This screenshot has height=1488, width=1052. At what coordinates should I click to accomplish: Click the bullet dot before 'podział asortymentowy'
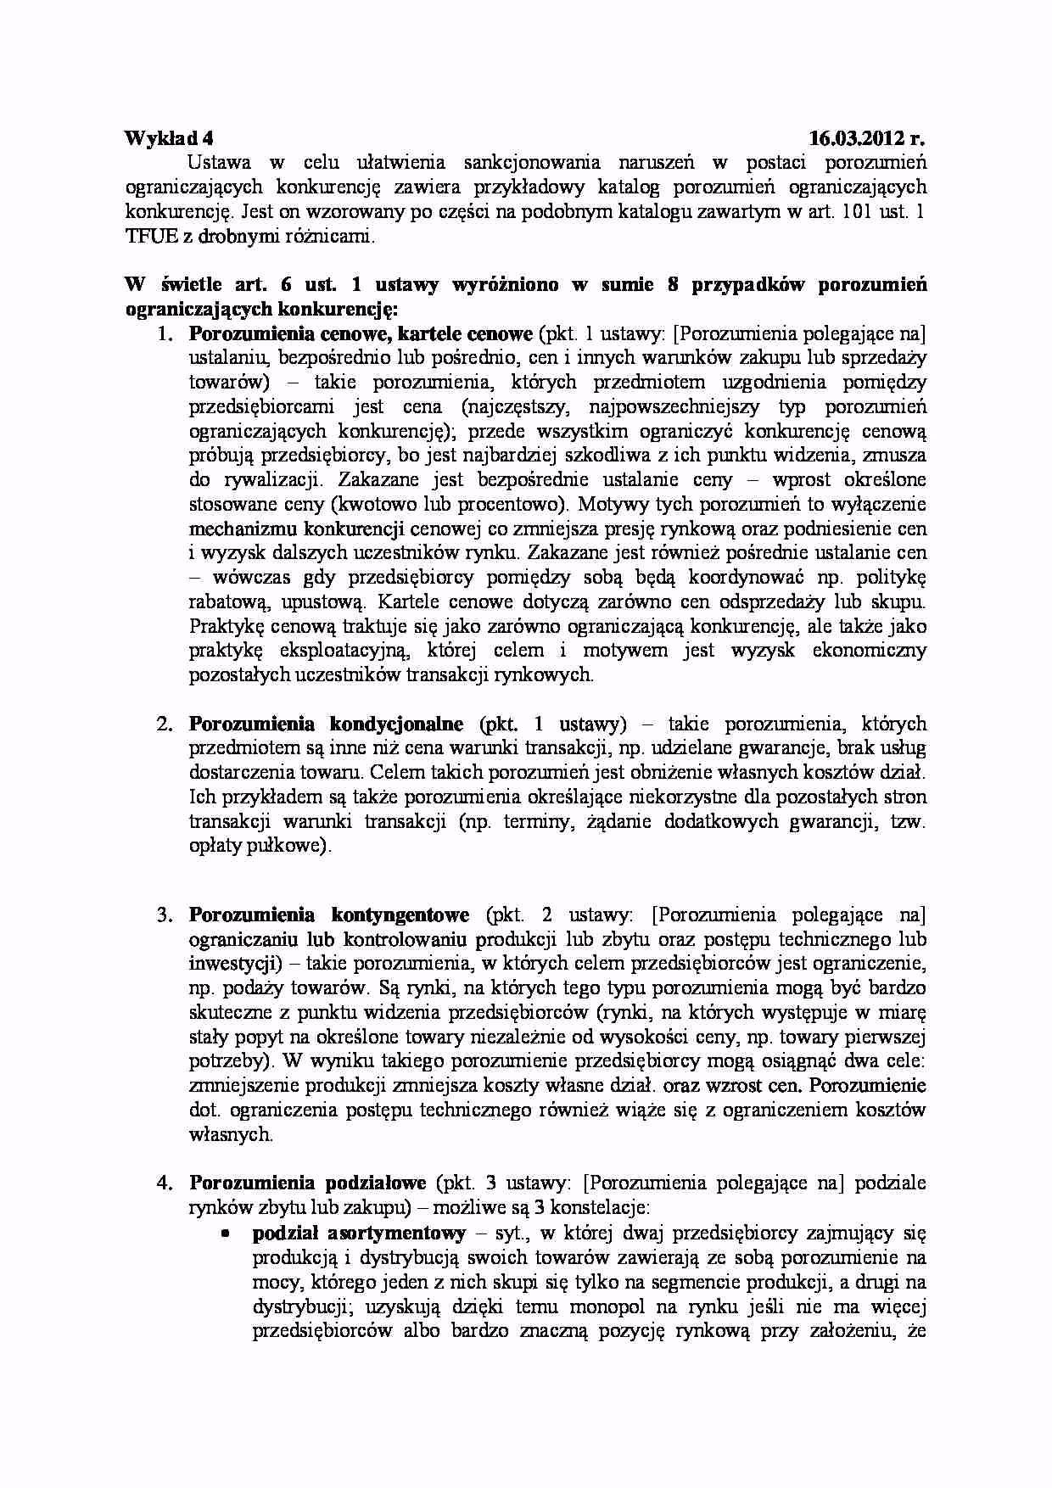[227, 1232]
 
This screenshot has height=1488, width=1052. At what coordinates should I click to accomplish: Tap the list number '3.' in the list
[165, 915]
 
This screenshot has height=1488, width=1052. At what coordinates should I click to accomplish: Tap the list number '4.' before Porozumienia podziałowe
[165, 1183]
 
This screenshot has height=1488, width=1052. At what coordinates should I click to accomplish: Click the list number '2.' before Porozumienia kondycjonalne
[165, 724]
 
